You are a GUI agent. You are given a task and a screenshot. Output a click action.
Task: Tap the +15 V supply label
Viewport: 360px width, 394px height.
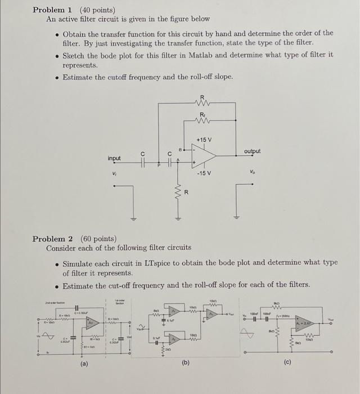click(204, 139)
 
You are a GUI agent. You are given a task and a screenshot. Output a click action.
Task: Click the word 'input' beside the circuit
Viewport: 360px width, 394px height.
click(114, 159)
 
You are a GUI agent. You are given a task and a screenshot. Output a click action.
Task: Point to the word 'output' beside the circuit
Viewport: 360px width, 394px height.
click(253, 151)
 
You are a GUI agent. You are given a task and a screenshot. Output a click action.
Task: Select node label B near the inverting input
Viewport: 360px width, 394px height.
click(180, 150)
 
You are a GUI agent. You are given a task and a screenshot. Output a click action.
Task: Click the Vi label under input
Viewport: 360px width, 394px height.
click(115, 173)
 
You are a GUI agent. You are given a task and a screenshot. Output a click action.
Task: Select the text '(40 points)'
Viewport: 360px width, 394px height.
click(97, 10)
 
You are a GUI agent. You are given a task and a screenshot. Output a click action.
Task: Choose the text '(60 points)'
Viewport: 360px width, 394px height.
click(98, 239)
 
